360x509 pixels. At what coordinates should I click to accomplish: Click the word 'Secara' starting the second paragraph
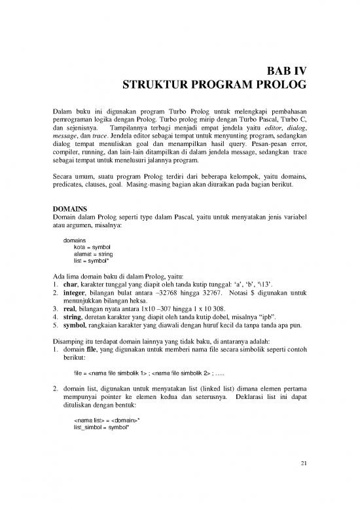coord(63,176)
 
